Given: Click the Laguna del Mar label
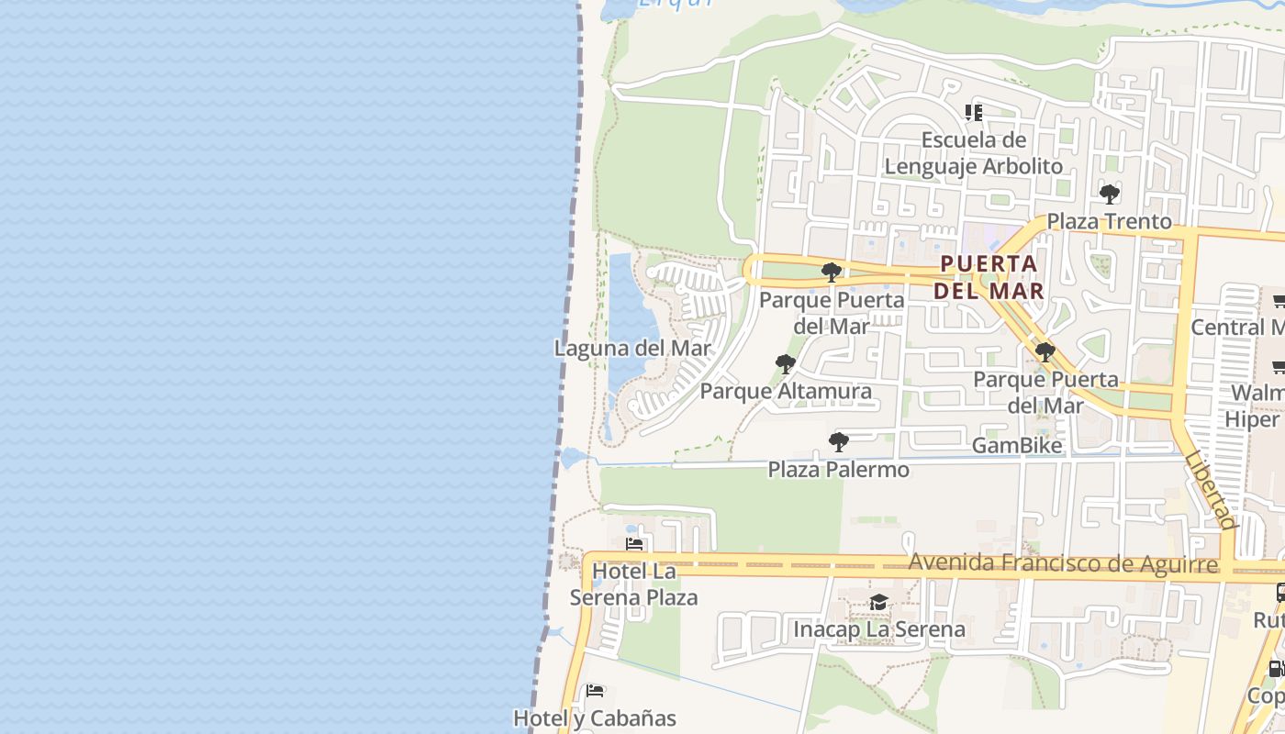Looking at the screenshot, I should point(632,349).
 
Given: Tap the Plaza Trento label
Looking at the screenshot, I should point(1109,221).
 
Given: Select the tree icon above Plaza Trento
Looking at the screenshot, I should point(1109,195).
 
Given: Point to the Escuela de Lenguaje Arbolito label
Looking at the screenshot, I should point(973,153).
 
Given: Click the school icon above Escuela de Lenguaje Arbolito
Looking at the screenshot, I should point(974,113).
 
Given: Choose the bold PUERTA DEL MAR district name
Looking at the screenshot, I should point(989,277).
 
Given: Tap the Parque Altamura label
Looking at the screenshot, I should point(786,392).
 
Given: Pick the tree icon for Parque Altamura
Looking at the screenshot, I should point(786,364).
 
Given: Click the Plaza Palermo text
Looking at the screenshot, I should point(838,470).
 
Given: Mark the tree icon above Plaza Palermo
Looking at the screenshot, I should point(838,442).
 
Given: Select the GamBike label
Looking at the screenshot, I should point(1016,446).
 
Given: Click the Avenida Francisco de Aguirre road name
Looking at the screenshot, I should point(1063,562).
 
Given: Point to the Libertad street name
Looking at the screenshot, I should point(1210,490).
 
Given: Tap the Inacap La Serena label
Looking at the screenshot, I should point(878,629).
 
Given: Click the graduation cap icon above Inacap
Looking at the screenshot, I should point(878,603).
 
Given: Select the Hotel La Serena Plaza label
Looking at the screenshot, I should point(633,584).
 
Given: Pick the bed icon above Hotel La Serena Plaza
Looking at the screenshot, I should point(633,544).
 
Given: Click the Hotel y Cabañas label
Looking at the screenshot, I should point(594,718).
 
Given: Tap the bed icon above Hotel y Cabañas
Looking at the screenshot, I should point(595,690).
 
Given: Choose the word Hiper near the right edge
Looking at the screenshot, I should point(1252,419).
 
